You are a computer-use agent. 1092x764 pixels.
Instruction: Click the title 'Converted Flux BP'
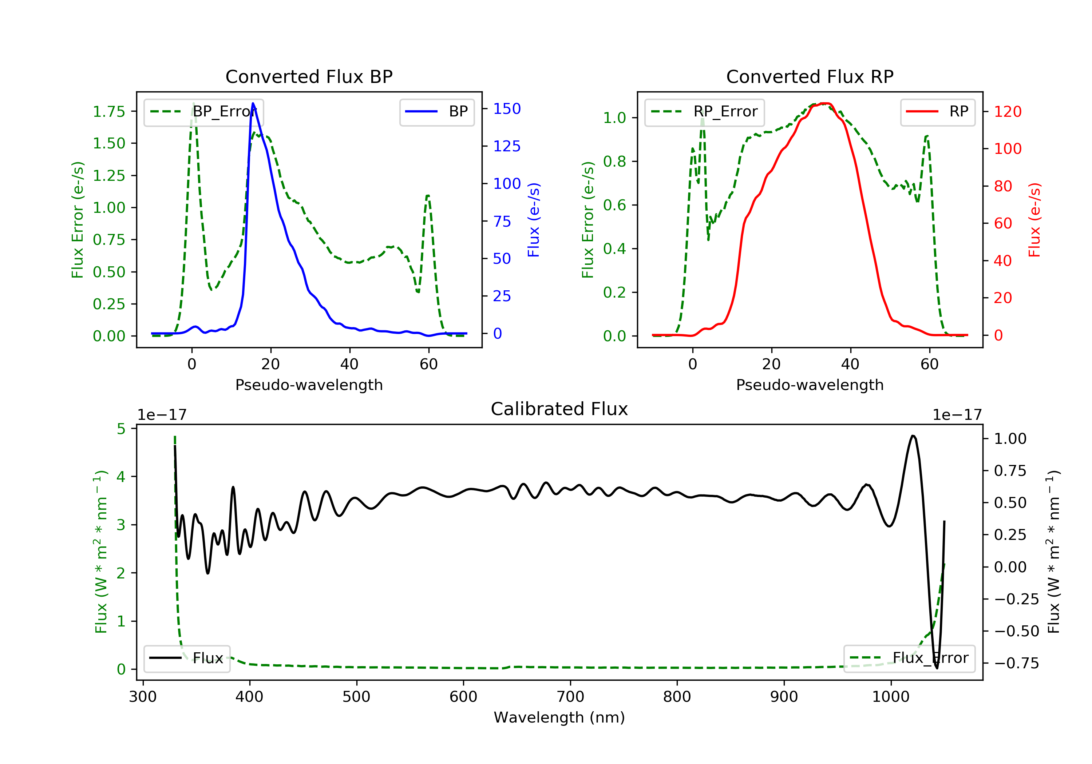309,76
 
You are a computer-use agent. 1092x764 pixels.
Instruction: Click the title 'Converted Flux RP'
810,76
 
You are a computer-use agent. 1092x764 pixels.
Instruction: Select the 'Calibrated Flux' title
559,409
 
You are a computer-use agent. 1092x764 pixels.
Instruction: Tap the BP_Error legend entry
203,112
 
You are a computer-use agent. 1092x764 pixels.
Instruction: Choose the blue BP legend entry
436,112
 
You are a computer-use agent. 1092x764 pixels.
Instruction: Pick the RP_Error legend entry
704,112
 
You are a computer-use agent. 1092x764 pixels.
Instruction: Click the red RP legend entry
937,112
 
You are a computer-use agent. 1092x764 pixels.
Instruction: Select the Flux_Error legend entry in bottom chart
909,658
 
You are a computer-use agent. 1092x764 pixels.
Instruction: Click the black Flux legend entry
187,658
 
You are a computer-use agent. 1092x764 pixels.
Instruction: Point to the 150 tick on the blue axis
507,109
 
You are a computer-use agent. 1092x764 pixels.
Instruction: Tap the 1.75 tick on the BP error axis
109,112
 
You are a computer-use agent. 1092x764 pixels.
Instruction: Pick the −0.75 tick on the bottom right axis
1016,663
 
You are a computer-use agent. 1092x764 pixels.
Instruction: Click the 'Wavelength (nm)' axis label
559,717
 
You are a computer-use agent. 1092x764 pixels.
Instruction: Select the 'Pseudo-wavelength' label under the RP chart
810,385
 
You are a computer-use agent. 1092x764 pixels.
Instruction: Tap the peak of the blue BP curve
253,103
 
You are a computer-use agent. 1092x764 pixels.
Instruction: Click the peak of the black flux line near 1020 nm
913,436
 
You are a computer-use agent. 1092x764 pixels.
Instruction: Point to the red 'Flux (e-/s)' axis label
1035,220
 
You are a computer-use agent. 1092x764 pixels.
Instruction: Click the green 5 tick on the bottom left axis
121,429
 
